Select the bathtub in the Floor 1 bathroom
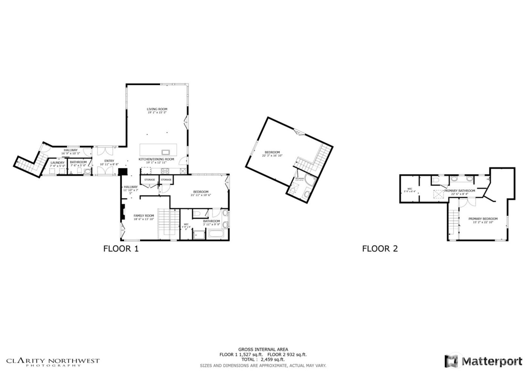(216, 235)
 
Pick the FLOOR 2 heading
(380, 249)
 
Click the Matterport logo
(484, 361)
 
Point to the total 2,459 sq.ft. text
(263, 360)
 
